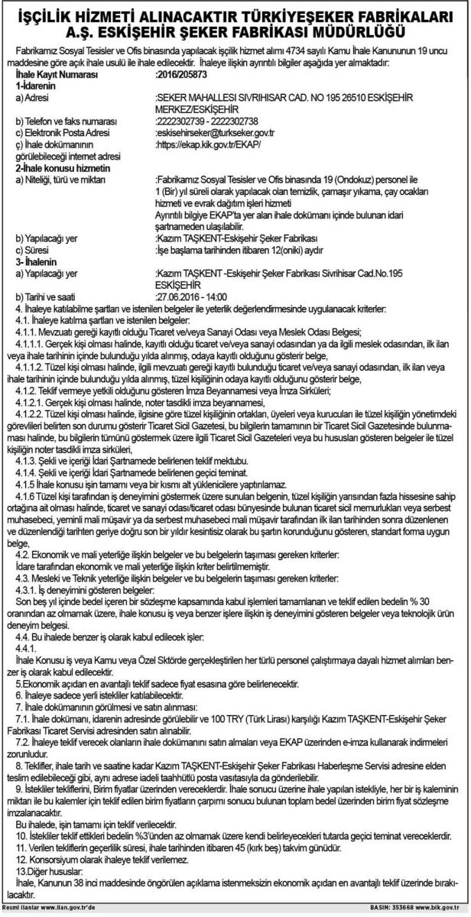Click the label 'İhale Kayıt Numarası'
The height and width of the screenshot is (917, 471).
(x=58, y=76)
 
